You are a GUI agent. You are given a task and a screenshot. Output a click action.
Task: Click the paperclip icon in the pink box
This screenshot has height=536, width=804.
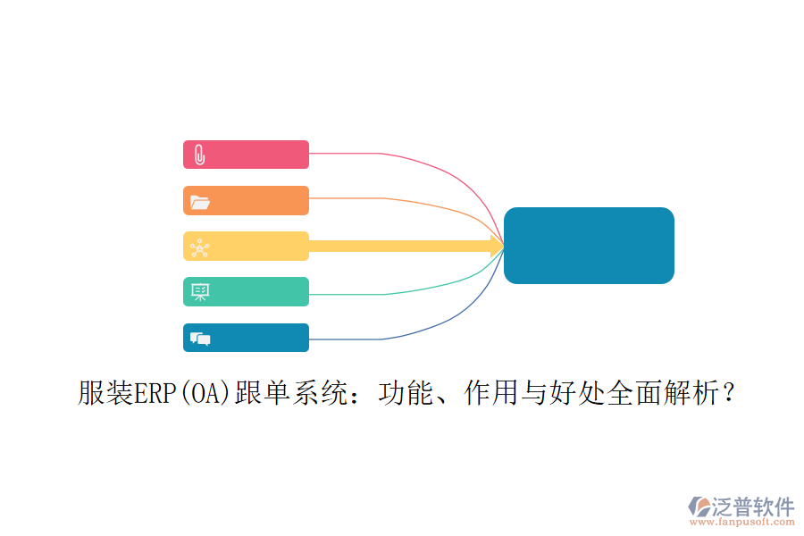(x=200, y=155)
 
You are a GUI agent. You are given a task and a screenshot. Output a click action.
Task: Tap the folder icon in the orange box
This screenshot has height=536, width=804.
(x=200, y=203)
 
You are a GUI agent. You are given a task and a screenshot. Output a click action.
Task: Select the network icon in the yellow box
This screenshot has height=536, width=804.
(x=200, y=247)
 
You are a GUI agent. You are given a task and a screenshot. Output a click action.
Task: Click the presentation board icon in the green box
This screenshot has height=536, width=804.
(x=200, y=292)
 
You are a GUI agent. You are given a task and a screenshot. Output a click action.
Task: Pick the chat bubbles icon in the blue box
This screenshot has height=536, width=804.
(x=200, y=339)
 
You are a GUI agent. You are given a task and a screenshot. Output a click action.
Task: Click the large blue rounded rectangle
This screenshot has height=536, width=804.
(x=589, y=246)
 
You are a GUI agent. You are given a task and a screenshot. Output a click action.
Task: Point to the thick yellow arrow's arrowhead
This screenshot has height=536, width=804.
(x=498, y=247)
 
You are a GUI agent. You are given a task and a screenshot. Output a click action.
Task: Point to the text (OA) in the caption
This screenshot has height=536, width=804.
(x=205, y=393)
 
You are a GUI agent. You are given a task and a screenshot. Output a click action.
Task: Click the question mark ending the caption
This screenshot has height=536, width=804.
(x=729, y=393)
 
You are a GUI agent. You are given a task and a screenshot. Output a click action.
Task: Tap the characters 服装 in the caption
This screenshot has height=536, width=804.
(x=105, y=393)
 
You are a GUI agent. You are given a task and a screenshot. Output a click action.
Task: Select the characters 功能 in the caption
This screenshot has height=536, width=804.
(x=406, y=393)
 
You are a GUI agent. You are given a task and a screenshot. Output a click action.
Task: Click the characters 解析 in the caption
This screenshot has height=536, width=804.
(x=692, y=393)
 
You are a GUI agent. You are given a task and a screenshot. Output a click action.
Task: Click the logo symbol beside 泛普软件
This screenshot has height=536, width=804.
(x=699, y=507)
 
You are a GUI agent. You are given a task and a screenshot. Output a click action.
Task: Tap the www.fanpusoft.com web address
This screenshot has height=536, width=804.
(x=742, y=522)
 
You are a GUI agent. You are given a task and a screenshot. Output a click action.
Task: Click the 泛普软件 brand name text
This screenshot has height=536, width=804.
(x=753, y=507)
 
